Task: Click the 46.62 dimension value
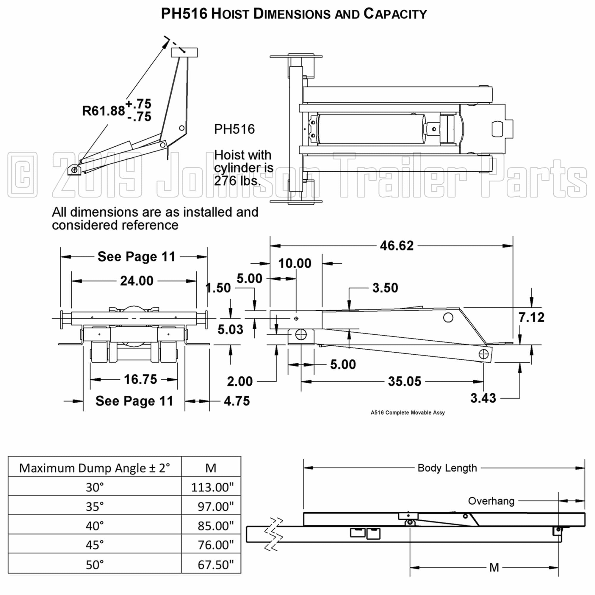pyautogui.click(x=397, y=246)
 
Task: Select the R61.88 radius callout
pyautogui.click(x=104, y=111)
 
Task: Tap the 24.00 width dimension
pyautogui.click(x=137, y=281)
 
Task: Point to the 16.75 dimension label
pyautogui.click(x=140, y=379)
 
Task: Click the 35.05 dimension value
pyautogui.click(x=404, y=382)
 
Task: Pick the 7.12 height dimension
pyautogui.click(x=531, y=317)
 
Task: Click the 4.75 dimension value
pyautogui.click(x=237, y=401)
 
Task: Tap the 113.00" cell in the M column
pyautogui.click(x=212, y=488)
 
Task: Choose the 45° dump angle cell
pyautogui.click(x=95, y=545)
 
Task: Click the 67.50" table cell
pyautogui.click(x=215, y=565)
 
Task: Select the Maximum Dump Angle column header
pyautogui.click(x=95, y=468)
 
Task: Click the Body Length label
pyautogui.click(x=447, y=468)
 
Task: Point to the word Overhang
pyautogui.click(x=491, y=501)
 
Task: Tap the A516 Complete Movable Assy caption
pyautogui.click(x=408, y=413)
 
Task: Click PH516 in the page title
pyautogui.click(x=184, y=14)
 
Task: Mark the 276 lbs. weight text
pyautogui.click(x=237, y=181)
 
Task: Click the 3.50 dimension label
pyautogui.click(x=385, y=288)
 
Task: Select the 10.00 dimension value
pyautogui.click(x=295, y=263)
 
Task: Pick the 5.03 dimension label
pyautogui.click(x=230, y=330)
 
